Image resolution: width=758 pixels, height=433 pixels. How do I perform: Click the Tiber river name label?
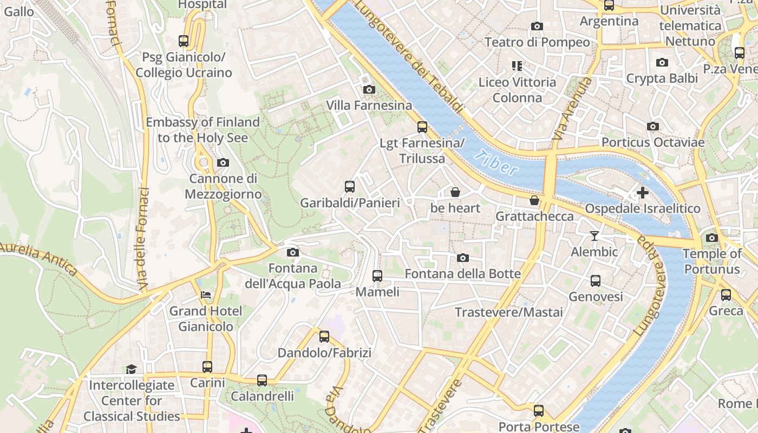pos(495,163)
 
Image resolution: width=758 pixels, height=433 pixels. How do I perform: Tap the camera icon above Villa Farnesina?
pos(369,89)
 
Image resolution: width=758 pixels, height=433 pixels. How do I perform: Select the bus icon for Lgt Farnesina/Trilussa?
pos(422,127)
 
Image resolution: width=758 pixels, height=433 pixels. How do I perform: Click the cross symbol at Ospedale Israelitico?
pos(643,192)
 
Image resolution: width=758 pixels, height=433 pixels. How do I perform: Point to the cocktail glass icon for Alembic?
pos(594,235)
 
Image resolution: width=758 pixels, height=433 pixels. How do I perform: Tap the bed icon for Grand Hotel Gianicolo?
pos(206,295)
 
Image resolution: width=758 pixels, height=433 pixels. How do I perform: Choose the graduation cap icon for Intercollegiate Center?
pos(132,369)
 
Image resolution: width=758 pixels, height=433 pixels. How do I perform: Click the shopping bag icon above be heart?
pos(455,192)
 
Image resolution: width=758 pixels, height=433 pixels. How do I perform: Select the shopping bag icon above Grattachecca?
pos(534,200)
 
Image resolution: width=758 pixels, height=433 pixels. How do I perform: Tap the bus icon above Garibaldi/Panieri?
pos(350,187)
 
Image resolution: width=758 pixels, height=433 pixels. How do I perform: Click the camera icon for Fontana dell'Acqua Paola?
pos(293,252)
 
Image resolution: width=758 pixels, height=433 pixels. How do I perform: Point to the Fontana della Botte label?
pos(463,274)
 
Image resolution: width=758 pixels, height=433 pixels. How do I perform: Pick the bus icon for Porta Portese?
pos(538,411)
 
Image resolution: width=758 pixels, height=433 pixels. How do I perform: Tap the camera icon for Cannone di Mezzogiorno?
pos(223,162)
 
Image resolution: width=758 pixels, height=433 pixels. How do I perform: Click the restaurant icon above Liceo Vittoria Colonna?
pos(517,66)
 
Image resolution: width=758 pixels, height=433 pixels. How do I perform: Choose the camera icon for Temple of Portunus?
pos(712,238)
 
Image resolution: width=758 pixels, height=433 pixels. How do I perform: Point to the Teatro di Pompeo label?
pos(537,42)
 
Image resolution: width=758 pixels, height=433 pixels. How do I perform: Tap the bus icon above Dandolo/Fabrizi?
pos(324,337)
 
